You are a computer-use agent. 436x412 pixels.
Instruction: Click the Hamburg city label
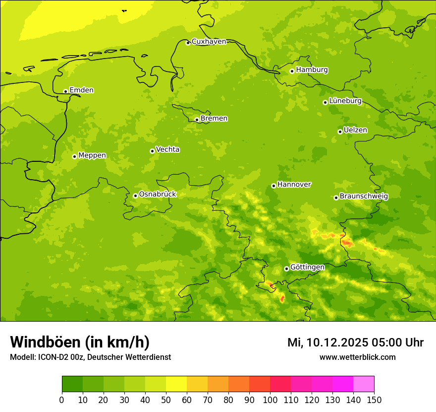point(312,70)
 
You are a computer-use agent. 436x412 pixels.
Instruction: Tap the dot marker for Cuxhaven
point(188,43)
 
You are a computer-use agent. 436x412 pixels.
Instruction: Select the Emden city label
point(81,90)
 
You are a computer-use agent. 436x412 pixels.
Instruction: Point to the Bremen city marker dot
point(197,120)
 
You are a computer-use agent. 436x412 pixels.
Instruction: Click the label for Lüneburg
point(345,101)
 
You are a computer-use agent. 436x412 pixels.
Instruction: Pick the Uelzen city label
point(355,130)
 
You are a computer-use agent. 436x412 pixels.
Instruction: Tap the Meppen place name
point(92,155)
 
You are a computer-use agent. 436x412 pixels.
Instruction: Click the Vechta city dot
point(152,151)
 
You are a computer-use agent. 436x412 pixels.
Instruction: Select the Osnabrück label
point(158,194)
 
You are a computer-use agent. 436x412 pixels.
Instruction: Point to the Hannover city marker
point(273,186)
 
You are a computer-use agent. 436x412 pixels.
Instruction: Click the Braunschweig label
point(364,196)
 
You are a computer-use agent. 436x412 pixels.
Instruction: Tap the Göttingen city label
point(307,267)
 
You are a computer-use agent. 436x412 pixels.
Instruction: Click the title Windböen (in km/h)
point(80,342)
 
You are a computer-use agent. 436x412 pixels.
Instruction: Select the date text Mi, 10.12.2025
point(327,343)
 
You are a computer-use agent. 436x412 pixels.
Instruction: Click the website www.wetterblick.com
point(357,357)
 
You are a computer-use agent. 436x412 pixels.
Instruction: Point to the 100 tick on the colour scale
point(270,400)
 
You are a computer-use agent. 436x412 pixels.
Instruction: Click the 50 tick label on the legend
point(166,400)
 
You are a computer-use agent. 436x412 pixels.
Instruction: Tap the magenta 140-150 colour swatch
point(364,384)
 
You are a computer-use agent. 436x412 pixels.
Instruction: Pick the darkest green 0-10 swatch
point(72,384)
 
